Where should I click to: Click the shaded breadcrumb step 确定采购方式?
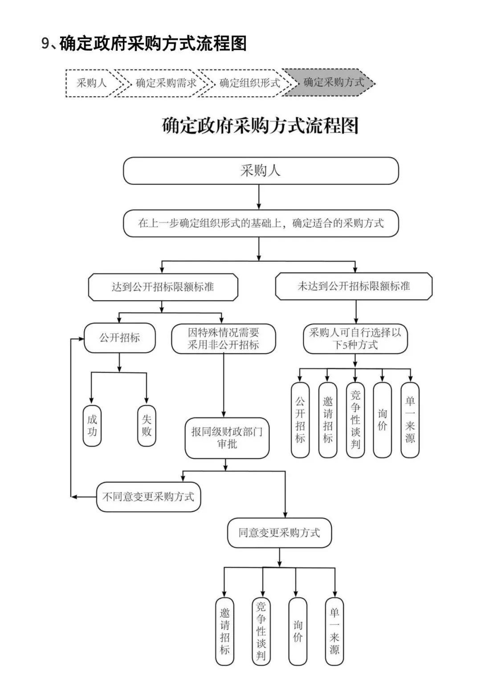[333, 82]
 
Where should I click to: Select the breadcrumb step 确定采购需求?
[166, 83]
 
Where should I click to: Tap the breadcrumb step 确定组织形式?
[249, 83]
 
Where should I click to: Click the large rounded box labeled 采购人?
[261, 170]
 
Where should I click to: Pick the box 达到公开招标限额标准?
[163, 287]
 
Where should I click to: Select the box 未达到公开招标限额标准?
[354, 286]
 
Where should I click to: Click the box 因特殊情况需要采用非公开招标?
[224, 339]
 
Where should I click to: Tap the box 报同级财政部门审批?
[227, 438]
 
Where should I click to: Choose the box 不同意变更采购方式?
[148, 497]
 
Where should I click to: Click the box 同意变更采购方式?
[279, 533]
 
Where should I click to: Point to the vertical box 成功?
[92, 426]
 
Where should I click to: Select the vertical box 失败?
[147, 426]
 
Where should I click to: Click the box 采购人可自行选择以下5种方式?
[355, 339]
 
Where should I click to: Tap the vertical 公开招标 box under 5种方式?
[300, 420]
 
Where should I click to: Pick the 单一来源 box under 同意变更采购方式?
[334, 631]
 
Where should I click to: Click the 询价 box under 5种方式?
[382, 420]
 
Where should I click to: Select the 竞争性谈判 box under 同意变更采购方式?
[261, 631]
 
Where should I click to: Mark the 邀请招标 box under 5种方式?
[328, 420]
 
